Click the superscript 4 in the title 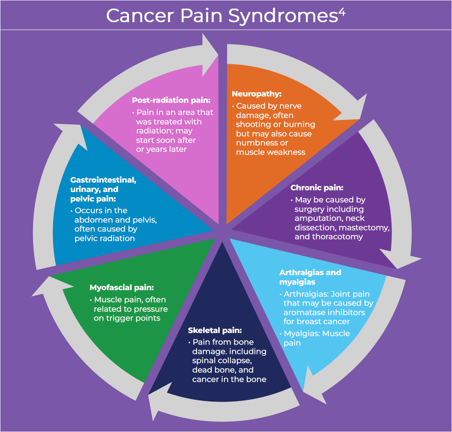pyautogui.click(x=342, y=12)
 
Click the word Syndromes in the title pyautogui.click(x=283, y=16)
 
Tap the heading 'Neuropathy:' pyautogui.click(x=257, y=94)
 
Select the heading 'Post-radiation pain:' pyautogui.click(x=171, y=100)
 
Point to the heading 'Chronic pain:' pyautogui.click(x=317, y=188)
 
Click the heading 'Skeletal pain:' pyautogui.click(x=215, y=330)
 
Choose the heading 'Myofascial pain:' pyautogui.click(x=122, y=288)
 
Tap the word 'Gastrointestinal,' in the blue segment pyautogui.click(x=103, y=180)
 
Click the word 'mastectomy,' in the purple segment pyautogui.click(x=364, y=228)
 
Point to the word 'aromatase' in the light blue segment pyautogui.click(x=304, y=312)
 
